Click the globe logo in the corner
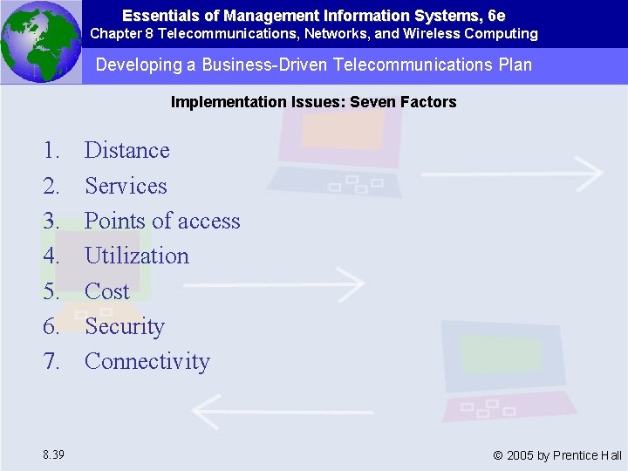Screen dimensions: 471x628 pos(40,41)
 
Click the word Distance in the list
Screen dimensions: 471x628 pos(127,151)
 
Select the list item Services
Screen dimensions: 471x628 pos(126,186)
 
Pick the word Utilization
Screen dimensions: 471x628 pos(137,256)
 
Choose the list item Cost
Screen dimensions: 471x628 pos(107,291)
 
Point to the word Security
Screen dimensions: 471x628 pos(125,326)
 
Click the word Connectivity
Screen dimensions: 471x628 pos(147,361)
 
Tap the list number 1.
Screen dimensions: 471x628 pos(51,151)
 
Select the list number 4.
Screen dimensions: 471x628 pos(51,256)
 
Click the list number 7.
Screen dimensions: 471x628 pos(51,361)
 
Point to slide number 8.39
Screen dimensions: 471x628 pos(51,454)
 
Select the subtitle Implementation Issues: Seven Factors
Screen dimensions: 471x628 pos(313,102)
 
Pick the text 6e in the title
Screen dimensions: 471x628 pos(496,16)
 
